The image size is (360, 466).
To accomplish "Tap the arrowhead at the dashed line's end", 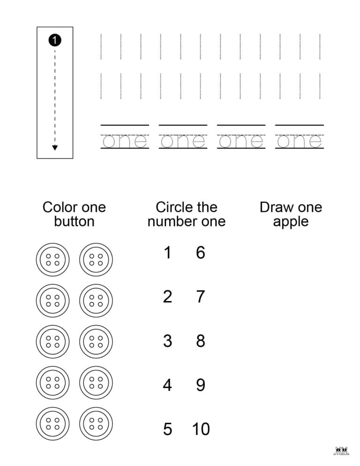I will (x=55, y=148).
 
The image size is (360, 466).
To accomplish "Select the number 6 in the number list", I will (x=201, y=253).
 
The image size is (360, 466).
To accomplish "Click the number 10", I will (x=201, y=429).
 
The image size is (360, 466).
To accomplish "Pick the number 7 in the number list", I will (x=201, y=297).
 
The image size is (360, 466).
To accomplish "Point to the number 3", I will (x=167, y=341).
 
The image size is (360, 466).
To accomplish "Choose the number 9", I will (x=201, y=385).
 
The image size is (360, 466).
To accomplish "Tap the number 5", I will (x=167, y=429).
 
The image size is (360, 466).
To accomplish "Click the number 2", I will (x=167, y=297).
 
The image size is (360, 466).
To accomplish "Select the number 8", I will (x=201, y=341).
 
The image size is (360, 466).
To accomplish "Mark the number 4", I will (x=167, y=385).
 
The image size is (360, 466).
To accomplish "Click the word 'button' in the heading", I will (x=74, y=221).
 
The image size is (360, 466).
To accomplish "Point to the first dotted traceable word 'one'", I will (x=125, y=141).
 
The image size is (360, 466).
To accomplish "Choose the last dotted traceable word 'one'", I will (x=299, y=141).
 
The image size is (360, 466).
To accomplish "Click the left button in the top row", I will (x=52, y=260).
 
